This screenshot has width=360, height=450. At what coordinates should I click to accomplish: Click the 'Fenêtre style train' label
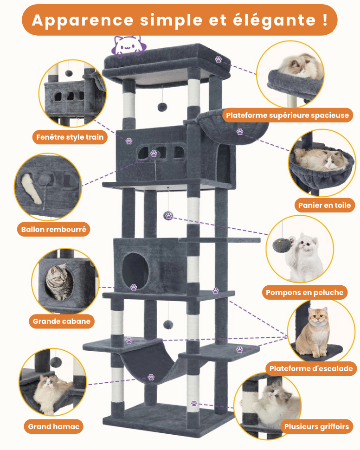[70, 137]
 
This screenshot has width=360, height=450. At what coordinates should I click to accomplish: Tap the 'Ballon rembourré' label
[54, 229]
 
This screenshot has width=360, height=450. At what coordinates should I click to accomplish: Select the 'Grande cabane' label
[62, 321]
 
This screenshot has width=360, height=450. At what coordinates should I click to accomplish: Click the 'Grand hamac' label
[53, 426]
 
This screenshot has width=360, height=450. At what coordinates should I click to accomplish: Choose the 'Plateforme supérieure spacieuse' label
[287, 115]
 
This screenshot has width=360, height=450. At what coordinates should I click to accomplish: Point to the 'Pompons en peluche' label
[305, 292]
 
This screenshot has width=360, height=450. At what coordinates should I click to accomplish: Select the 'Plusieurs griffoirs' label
[316, 426]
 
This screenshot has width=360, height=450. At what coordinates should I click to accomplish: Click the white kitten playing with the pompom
[305, 256]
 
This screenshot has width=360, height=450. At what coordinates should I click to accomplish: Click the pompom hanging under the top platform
[162, 107]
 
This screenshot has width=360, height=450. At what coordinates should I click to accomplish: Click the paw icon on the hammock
[151, 377]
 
